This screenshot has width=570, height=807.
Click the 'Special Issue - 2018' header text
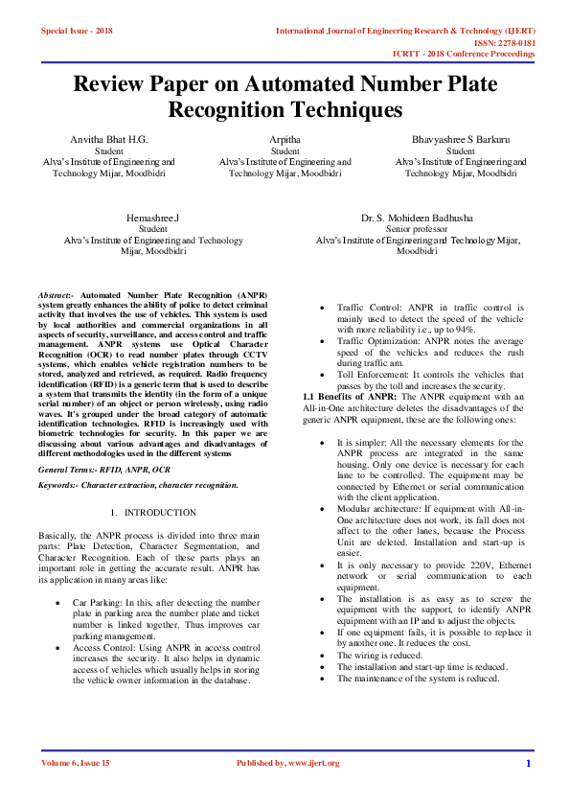coord(77,32)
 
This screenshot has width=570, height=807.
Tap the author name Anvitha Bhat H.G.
coord(109,139)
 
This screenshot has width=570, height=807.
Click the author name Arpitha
coord(285,139)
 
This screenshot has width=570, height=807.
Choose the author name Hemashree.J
coord(152,219)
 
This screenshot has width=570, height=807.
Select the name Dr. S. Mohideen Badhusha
coord(416,219)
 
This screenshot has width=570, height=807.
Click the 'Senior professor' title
coord(416,230)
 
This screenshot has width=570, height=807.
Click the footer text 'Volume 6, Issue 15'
coord(76,763)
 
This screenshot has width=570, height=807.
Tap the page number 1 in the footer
coord(528,763)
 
